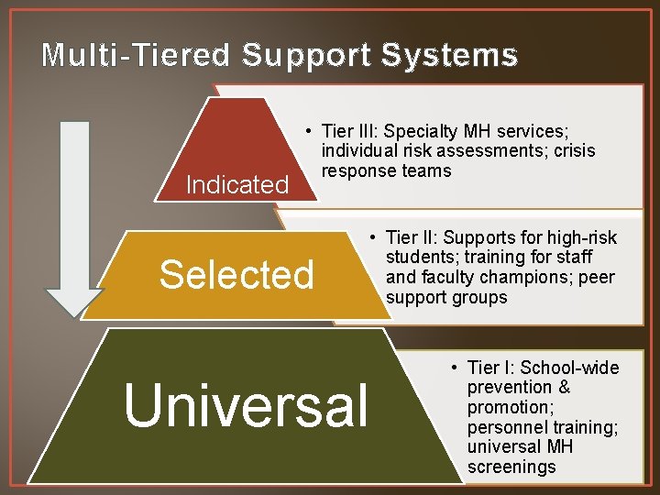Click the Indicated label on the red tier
[x=236, y=184]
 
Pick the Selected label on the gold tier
[x=236, y=273]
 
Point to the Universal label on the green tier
[x=246, y=404]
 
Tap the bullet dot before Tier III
[x=312, y=130]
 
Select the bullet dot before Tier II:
[x=376, y=238]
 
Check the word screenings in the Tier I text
[x=511, y=467]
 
